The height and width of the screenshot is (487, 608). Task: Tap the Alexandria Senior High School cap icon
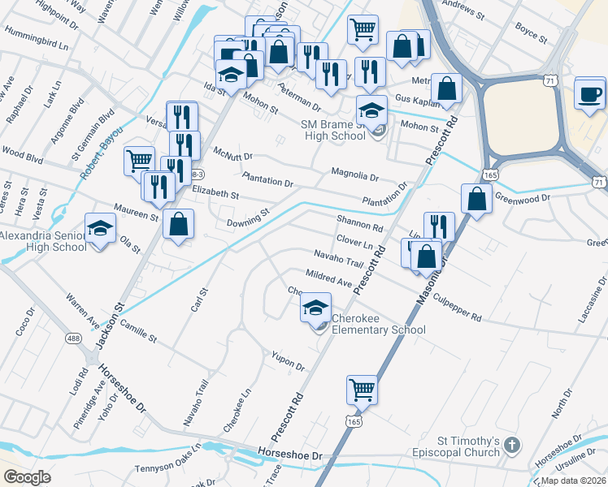(x=100, y=230)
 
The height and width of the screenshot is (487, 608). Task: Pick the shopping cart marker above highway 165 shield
(x=361, y=390)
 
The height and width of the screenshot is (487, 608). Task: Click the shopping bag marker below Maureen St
(x=178, y=224)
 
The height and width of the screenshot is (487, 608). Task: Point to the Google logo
(x=27, y=476)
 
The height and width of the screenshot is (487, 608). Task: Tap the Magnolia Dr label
(x=354, y=174)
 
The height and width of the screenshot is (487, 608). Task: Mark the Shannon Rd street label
(x=359, y=224)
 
